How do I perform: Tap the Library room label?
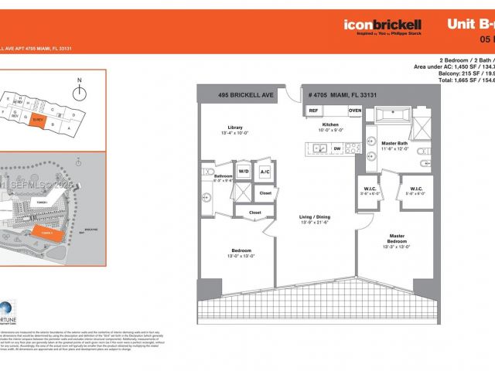click(236, 130)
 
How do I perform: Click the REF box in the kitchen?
click(313, 111)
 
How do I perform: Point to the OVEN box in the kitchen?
click(354, 111)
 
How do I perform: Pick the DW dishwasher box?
click(338, 148)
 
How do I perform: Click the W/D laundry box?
click(244, 171)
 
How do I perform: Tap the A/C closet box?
click(265, 171)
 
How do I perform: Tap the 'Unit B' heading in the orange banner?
click(470, 24)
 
